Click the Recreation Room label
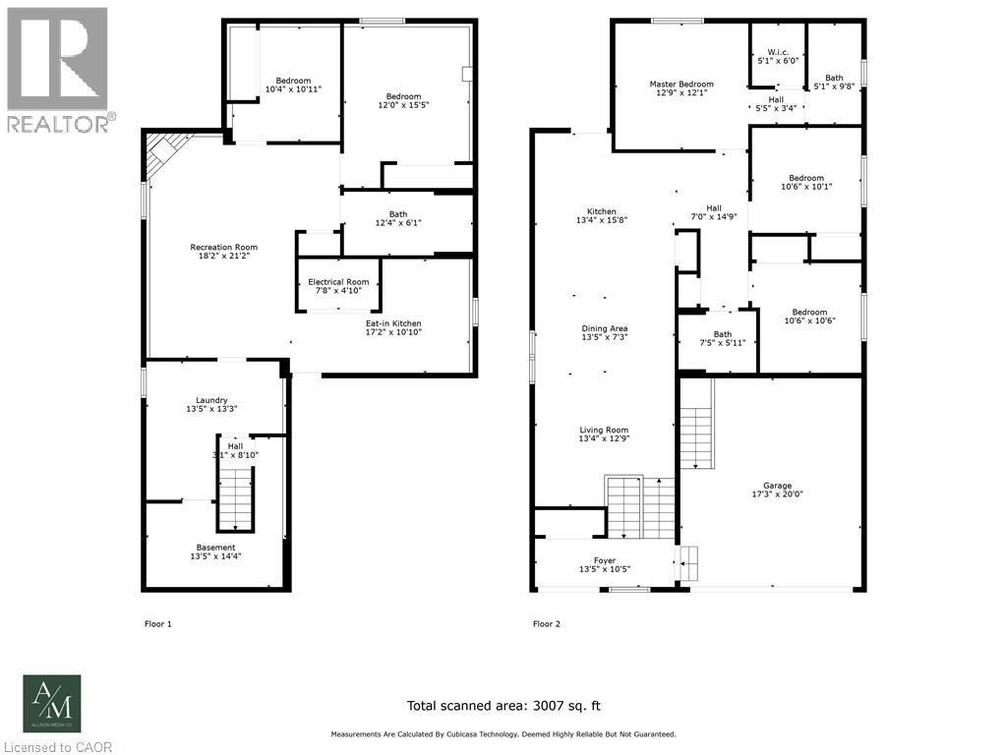224,247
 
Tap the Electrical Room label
338,282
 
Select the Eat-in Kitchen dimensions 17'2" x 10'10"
393,332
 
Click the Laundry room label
211,399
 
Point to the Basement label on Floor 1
215,548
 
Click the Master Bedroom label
681,85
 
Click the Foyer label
604,560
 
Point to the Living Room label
604,430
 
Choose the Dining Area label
604,328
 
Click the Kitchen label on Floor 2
602,211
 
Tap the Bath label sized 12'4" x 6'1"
397,214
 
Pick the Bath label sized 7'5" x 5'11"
723,334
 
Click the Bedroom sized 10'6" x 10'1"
806,178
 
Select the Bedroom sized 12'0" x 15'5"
404,95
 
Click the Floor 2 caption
547,623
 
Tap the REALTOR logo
58,69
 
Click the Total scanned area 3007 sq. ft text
503,705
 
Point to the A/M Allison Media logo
53,703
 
